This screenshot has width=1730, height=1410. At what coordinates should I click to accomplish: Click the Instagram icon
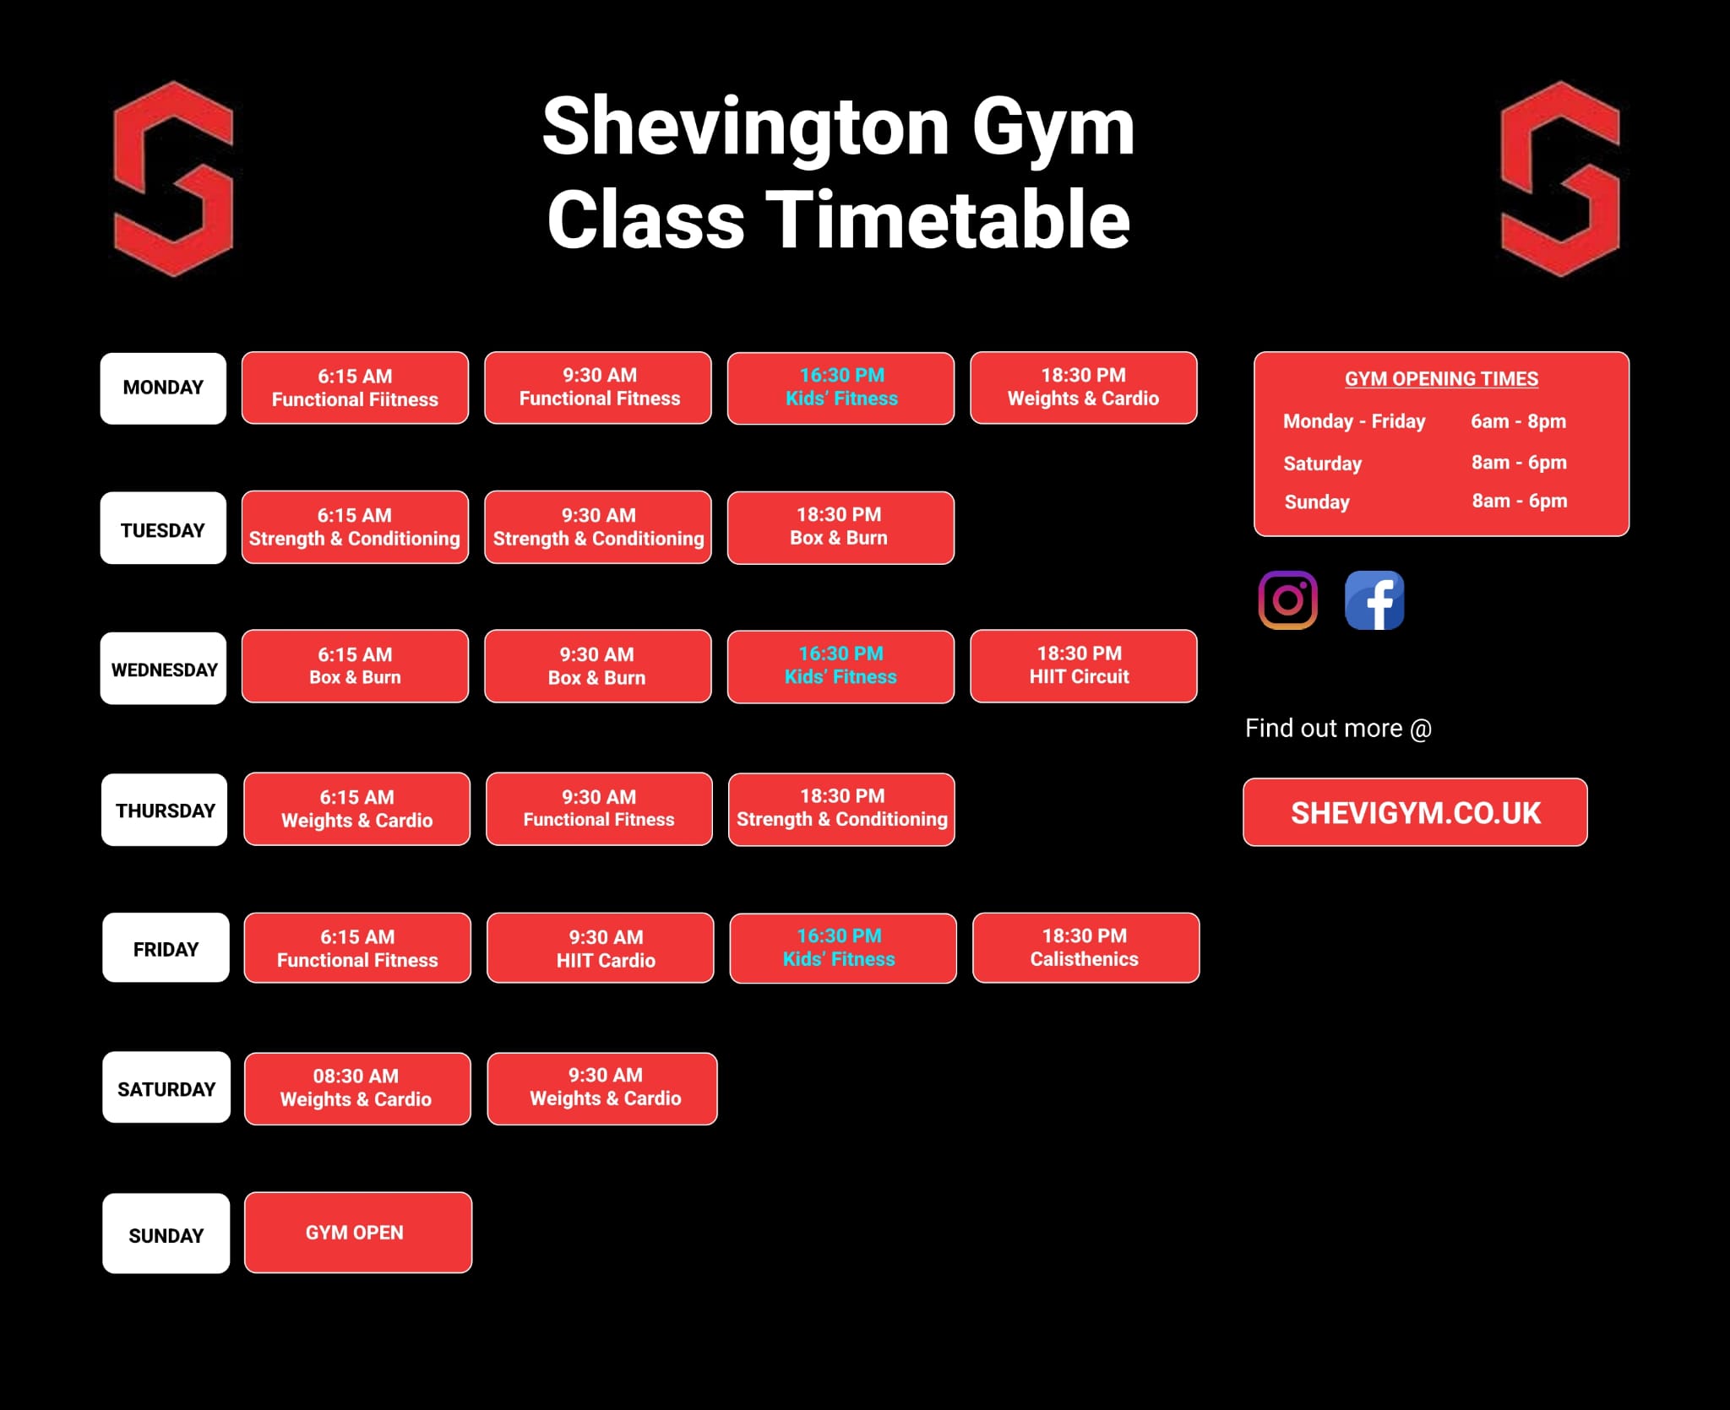[x=1287, y=600]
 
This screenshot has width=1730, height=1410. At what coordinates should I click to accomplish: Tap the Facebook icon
[x=1374, y=600]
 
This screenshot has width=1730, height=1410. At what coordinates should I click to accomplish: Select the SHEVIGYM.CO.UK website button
[x=1415, y=812]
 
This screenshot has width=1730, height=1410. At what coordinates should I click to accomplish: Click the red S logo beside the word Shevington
[x=173, y=179]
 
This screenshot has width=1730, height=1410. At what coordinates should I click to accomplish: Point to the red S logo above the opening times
[x=1560, y=179]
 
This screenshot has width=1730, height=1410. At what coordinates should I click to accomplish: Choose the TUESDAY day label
[x=163, y=528]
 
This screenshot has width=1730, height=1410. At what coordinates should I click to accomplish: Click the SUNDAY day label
[x=166, y=1234]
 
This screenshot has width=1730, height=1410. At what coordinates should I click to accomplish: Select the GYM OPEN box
[x=358, y=1233]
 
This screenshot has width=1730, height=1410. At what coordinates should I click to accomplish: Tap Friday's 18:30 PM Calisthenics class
[x=1085, y=947]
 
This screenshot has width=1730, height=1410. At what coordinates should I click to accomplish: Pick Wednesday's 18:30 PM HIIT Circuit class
[x=1084, y=666]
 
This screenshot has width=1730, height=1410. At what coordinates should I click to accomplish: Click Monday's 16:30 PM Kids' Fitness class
[x=841, y=388]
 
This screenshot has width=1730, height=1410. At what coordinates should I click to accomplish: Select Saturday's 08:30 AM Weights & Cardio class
[x=357, y=1088]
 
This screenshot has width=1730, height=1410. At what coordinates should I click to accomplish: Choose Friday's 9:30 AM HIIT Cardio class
[x=601, y=947]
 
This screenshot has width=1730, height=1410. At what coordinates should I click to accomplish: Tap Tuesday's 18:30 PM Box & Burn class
[x=841, y=528]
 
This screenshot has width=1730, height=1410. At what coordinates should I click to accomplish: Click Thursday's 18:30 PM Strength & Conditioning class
[x=841, y=809]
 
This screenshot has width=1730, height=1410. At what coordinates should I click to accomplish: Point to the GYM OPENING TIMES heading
[x=1441, y=379]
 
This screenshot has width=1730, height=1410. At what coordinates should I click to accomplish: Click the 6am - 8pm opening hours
[x=1519, y=420]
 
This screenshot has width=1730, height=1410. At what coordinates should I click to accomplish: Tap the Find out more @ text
[x=1338, y=729]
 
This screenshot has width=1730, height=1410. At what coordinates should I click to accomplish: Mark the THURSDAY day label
[x=165, y=810]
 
